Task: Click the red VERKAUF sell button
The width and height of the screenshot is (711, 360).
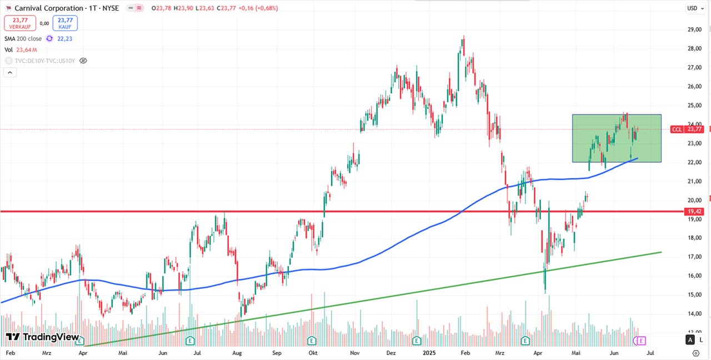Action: (x=20, y=23)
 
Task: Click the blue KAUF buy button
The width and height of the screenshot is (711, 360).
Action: (x=65, y=23)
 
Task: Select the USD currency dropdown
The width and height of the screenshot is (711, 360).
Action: (x=692, y=8)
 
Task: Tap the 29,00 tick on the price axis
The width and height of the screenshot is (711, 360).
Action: (x=694, y=29)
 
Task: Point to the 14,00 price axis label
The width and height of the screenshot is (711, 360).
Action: (x=694, y=313)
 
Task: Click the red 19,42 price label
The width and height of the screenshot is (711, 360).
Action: (x=695, y=212)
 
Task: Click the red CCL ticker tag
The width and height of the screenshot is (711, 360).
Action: (x=677, y=129)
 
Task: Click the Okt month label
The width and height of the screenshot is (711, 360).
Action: (x=313, y=353)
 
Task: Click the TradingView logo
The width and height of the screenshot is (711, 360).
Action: (x=43, y=337)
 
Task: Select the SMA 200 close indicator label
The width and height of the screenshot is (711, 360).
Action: (x=23, y=38)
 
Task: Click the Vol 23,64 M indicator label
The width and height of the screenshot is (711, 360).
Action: (x=21, y=49)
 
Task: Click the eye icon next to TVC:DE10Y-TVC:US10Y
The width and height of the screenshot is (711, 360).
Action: (x=83, y=61)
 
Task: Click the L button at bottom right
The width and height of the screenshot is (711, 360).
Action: (x=701, y=340)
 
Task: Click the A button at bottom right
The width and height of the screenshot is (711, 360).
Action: (x=690, y=340)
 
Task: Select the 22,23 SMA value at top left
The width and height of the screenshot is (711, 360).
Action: (x=64, y=38)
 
